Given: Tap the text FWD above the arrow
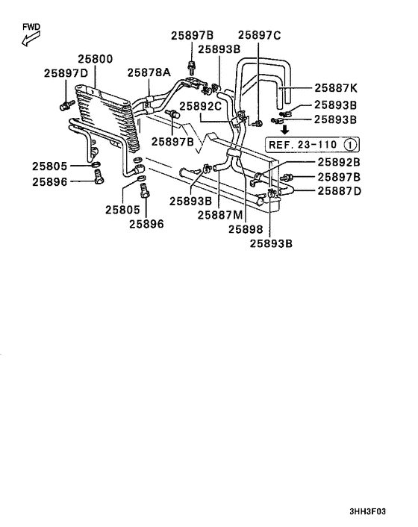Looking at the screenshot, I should tap(31, 28).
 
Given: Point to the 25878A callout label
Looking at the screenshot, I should tap(149, 72).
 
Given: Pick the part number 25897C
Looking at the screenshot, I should tap(259, 35).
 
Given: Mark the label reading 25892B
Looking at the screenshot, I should tap(339, 162).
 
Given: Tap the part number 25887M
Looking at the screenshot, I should tap(222, 215).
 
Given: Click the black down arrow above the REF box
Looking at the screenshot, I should tap(284, 129).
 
